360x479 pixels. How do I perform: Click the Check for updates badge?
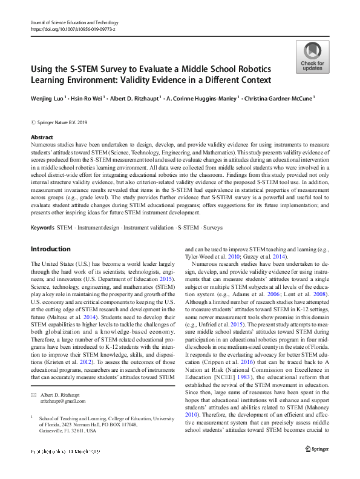click(312, 58)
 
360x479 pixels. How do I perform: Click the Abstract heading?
click(42, 137)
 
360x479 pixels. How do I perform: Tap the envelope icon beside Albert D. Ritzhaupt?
click(33, 395)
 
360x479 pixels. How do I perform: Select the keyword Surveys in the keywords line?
click(212, 210)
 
